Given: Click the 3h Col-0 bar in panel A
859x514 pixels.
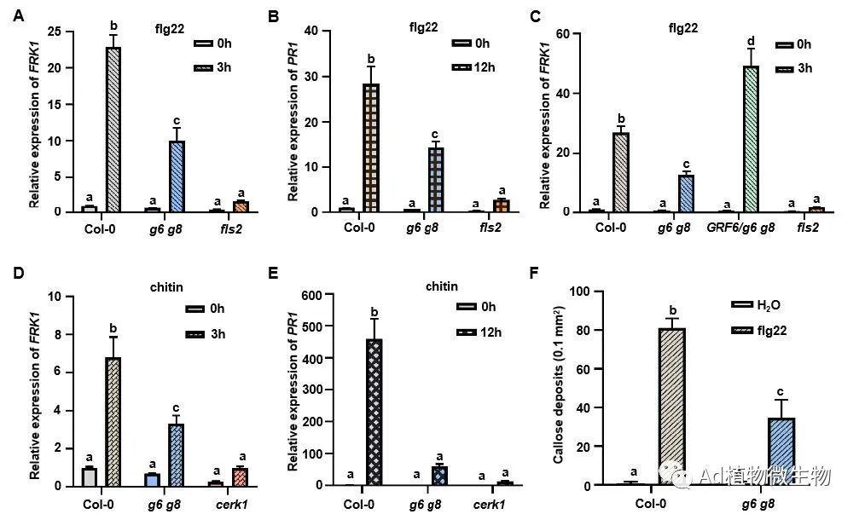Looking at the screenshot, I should (113, 129).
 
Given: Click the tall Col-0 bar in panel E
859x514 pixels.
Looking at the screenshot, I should (372, 413).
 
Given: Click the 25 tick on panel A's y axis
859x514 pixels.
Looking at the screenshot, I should (54, 32).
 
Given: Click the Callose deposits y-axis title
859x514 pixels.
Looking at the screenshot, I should (558, 389).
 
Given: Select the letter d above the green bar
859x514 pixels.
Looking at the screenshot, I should (752, 40).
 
